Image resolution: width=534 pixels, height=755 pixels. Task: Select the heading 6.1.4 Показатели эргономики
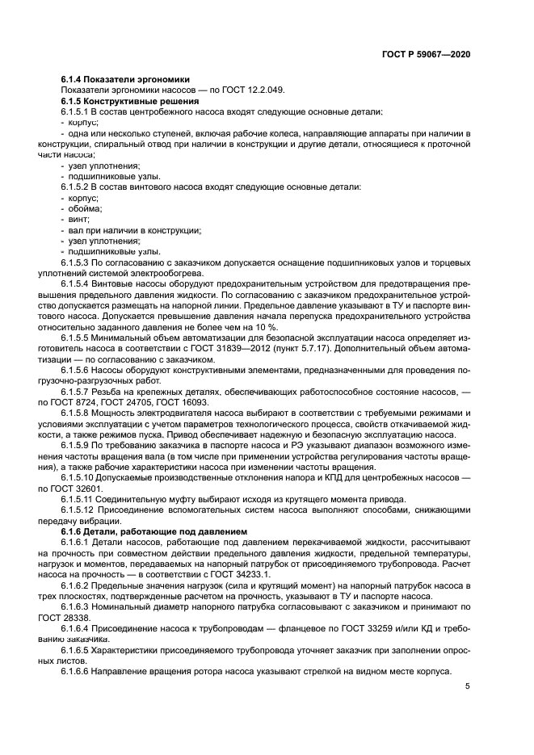tap(124, 79)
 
